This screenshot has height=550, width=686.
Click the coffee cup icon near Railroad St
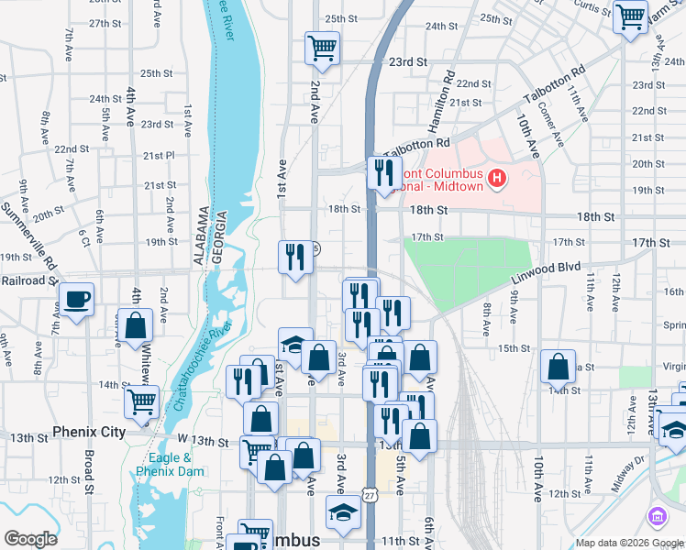(x=77, y=299)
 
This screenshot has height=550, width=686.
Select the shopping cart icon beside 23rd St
(x=322, y=48)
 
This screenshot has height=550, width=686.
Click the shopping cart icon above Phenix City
(x=141, y=401)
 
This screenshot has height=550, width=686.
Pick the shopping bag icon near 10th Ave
(x=558, y=367)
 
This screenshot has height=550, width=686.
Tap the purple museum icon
(x=657, y=517)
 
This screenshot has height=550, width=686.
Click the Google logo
(x=31, y=539)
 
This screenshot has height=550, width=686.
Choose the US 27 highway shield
(x=369, y=495)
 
